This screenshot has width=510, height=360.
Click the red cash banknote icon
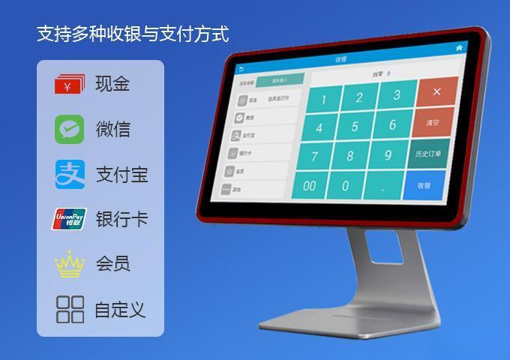pos(70,84)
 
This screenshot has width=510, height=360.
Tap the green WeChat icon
pos(70,129)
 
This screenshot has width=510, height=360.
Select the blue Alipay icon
pos(70,175)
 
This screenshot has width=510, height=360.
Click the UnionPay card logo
pos(70,219)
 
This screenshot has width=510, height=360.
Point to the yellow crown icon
pos(70,264)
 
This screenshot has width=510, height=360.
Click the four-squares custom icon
pos(70,309)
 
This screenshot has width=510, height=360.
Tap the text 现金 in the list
pos(112,84)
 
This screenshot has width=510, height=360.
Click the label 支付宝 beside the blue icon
pos(121,175)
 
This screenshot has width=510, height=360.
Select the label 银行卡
pos(121,219)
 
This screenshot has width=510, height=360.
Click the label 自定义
pos(120,309)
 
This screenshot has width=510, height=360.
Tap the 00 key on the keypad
pos(310,185)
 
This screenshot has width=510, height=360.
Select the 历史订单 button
pos(429,154)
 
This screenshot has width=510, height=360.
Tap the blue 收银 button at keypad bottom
pos(424,185)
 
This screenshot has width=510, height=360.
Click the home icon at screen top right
pos(459,47)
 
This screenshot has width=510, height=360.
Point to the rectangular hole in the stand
pos(382,246)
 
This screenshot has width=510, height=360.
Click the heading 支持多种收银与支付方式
pos(133,34)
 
